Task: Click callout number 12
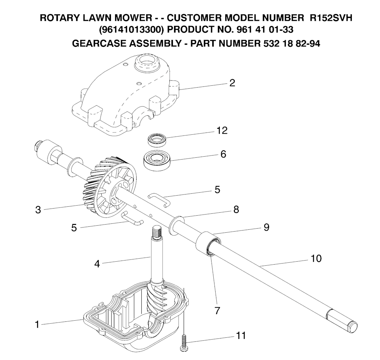[x=222, y=131]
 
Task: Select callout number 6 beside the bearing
[x=223, y=154]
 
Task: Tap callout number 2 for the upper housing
[x=232, y=83]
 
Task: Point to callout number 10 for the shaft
[x=316, y=258]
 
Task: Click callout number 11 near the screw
[x=240, y=336]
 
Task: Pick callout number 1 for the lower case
[x=37, y=325]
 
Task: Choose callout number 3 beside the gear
[x=38, y=210]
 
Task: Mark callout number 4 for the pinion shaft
[x=97, y=264]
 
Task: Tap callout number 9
[x=266, y=227]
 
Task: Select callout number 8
[x=236, y=209]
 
